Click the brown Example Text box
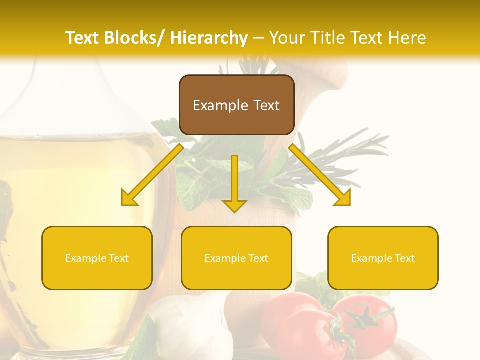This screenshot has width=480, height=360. [x=236, y=105]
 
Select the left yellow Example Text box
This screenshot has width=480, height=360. [x=97, y=258]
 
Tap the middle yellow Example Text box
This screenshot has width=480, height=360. [x=236, y=258]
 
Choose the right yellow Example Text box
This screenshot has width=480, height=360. [x=383, y=258]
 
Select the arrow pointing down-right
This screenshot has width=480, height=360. [x=320, y=175]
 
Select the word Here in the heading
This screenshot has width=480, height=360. [x=408, y=38]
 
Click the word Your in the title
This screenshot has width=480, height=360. [x=285, y=38]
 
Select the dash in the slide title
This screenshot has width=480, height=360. [x=258, y=38]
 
